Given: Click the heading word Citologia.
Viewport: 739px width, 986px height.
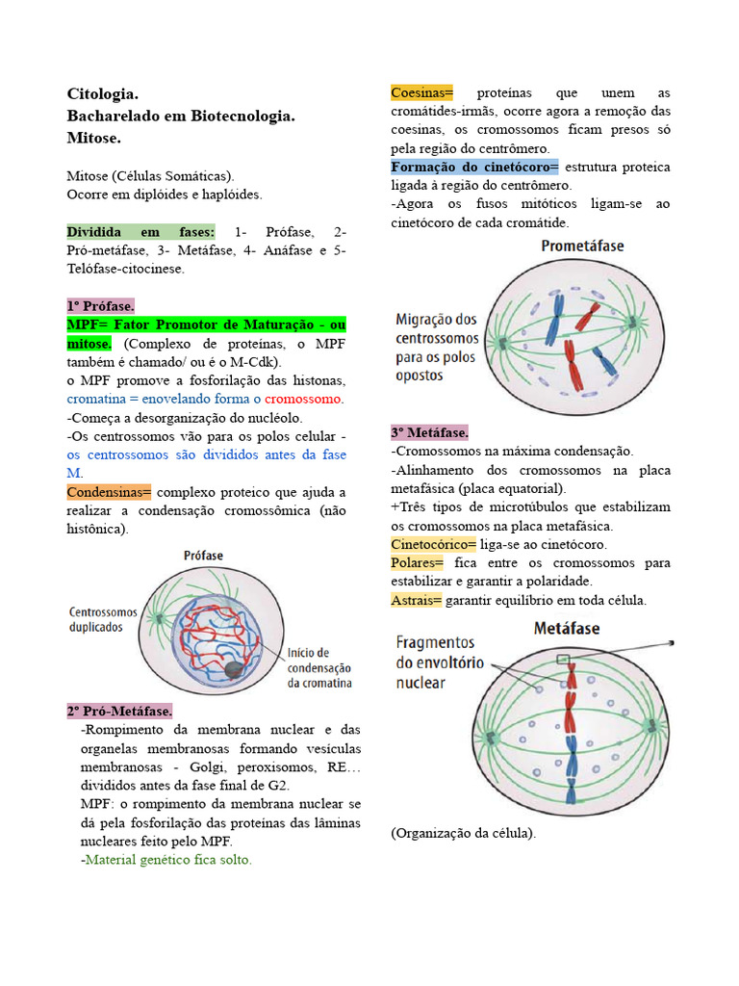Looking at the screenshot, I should (x=103, y=93).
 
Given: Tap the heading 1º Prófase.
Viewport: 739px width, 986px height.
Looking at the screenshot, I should (x=101, y=305).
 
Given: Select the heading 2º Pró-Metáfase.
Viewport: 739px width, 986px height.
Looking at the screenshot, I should (x=119, y=711).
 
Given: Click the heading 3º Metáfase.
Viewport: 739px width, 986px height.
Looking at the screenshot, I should (x=429, y=432).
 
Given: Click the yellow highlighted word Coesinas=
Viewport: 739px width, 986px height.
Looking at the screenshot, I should (x=421, y=92).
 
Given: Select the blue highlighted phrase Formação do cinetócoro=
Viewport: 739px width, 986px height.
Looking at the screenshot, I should (x=474, y=167).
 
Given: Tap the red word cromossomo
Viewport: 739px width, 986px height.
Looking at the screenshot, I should (x=303, y=399).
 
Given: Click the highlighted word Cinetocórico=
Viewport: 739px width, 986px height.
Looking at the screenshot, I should (x=433, y=544).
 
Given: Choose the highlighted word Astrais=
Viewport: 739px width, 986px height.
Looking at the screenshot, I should (x=417, y=600).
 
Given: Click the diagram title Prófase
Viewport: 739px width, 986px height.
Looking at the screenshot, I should (x=205, y=556).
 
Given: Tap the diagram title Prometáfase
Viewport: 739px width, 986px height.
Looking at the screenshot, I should (x=582, y=246).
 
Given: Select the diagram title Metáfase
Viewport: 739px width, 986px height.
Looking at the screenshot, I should (x=567, y=628).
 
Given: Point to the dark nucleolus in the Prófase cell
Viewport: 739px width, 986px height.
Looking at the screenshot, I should (x=235, y=668).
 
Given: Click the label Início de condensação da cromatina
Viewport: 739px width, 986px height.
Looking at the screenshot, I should (x=319, y=667).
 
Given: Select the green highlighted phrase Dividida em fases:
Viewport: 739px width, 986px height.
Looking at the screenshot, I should (x=140, y=232).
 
